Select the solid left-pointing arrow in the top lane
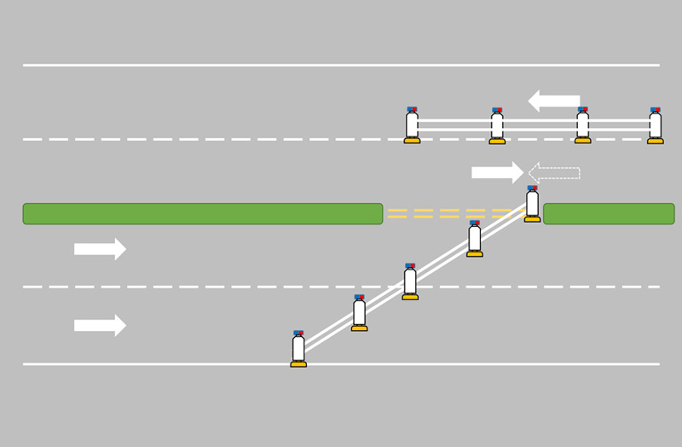pyautogui.click(x=554, y=102)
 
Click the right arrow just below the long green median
pyautogui.click(x=100, y=249)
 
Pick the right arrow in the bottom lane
pyautogui.click(x=100, y=325)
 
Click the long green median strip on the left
pyautogui.click(x=202, y=213)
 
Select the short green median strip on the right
pyautogui.click(x=609, y=213)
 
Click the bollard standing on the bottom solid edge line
pyautogui.click(x=298, y=348)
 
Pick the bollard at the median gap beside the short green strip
pyautogui.click(x=532, y=204)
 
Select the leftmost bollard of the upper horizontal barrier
pyautogui.click(x=412, y=125)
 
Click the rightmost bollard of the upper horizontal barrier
pyautogui.click(x=655, y=125)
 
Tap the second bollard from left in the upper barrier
pyautogui.click(x=497, y=125)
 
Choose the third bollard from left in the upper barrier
pyautogui.click(x=582, y=125)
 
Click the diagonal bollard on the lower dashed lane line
pyautogui.click(x=410, y=282)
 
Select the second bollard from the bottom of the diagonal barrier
pyautogui.click(x=359, y=313)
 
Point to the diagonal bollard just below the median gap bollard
pyautogui.click(x=475, y=238)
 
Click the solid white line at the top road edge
pyautogui.click(x=341, y=65)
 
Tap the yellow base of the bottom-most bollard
pyautogui.click(x=298, y=364)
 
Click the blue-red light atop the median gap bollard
pyautogui.click(x=532, y=189)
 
